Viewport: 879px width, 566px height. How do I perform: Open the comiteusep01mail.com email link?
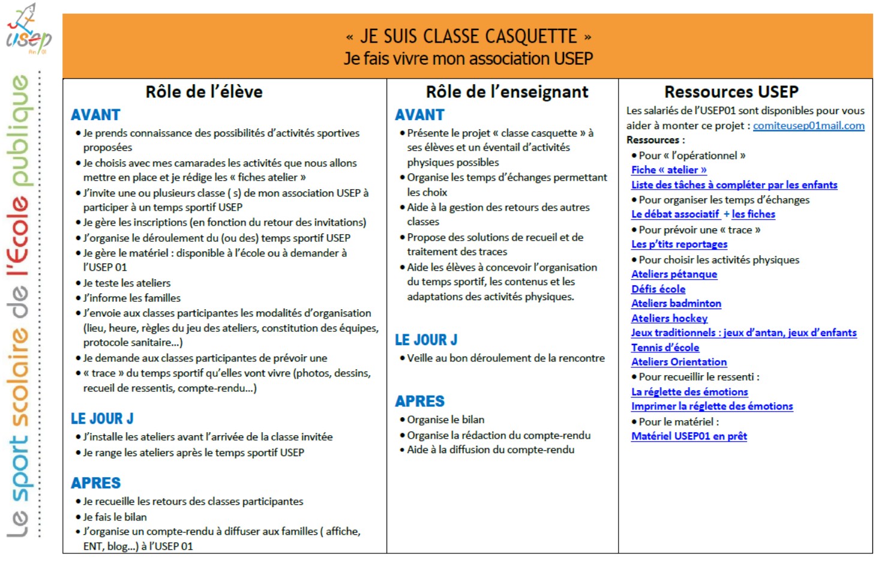click(808, 125)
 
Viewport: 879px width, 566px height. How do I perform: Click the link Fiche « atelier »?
click(668, 170)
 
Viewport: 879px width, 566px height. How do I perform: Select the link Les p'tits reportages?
click(679, 244)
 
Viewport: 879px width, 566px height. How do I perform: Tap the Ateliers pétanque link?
click(674, 274)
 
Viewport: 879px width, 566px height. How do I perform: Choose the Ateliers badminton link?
click(676, 304)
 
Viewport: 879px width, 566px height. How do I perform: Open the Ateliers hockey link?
click(669, 319)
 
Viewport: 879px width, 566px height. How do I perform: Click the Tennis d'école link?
click(665, 348)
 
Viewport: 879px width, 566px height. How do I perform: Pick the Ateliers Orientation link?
click(679, 362)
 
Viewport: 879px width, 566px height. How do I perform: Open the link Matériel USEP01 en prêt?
click(689, 436)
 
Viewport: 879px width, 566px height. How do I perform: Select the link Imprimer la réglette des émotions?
click(712, 406)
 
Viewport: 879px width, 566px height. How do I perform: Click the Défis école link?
click(658, 289)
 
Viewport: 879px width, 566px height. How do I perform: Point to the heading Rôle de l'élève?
click(204, 92)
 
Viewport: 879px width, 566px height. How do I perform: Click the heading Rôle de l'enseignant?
click(507, 92)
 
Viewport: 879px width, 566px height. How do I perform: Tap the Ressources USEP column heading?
click(731, 92)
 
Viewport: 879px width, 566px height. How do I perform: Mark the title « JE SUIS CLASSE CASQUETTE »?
click(468, 37)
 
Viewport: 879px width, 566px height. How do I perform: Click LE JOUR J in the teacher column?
click(426, 340)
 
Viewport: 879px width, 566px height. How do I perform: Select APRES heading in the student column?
click(96, 483)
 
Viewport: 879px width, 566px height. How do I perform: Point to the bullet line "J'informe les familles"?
click(131, 298)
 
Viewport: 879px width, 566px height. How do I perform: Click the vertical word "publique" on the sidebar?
click(20, 129)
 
